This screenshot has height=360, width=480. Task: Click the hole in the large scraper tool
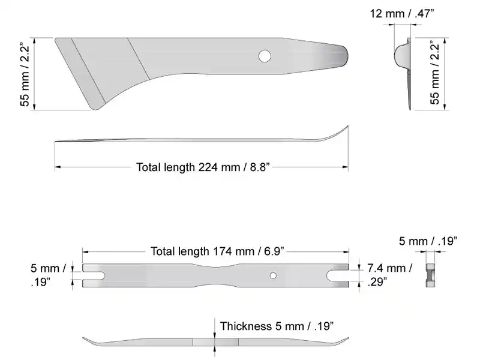click(x=264, y=56)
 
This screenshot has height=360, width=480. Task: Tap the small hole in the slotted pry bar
click(x=273, y=275)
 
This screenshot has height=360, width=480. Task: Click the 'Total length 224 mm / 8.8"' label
click(x=202, y=167)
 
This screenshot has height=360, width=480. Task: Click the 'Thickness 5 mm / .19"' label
click(x=277, y=326)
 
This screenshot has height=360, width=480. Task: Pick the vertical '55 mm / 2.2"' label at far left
click(x=25, y=74)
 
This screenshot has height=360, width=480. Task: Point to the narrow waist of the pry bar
click(x=216, y=275)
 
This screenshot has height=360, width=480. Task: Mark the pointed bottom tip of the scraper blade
click(x=95, y=108)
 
